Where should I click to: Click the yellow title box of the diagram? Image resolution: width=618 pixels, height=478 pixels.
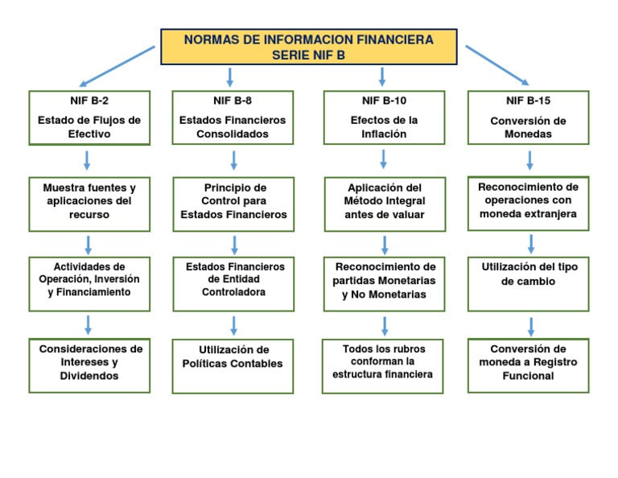click(x=309, y=47)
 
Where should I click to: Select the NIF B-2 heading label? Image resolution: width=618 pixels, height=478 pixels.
click(x=89, y=101)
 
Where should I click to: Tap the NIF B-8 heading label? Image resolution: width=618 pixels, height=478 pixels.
click(x=233, y=101)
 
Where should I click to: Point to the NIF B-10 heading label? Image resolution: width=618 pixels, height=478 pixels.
click(x=384, y=101)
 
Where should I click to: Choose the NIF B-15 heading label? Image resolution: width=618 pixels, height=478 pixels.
click(x=528, y=101)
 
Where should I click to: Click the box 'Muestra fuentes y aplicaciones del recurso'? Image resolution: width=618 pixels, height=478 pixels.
click(x=89, y=201)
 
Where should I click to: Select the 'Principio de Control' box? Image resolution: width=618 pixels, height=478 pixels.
click(x=233, y=201)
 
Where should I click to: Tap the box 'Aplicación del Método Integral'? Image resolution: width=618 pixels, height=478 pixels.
click(x=384, y=201)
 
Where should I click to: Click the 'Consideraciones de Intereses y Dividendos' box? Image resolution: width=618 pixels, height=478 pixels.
click(x=89, y=363)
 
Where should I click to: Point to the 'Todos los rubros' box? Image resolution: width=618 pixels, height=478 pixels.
click(x=384, y=362)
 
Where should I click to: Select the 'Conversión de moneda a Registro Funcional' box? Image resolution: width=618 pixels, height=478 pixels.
click(x=529, y=363)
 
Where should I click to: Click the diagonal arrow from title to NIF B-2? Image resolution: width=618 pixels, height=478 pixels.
click(x=117, y=65)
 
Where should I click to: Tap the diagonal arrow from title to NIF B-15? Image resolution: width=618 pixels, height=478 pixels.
click(x=497, y=65)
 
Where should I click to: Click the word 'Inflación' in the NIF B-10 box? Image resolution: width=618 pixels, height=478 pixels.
click(x=384, y=134)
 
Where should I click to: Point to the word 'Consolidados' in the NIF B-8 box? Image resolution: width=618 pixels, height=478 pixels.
click(x=233, y=134)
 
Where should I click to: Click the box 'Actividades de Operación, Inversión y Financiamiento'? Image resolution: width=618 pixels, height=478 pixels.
click(x=89, y=280)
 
